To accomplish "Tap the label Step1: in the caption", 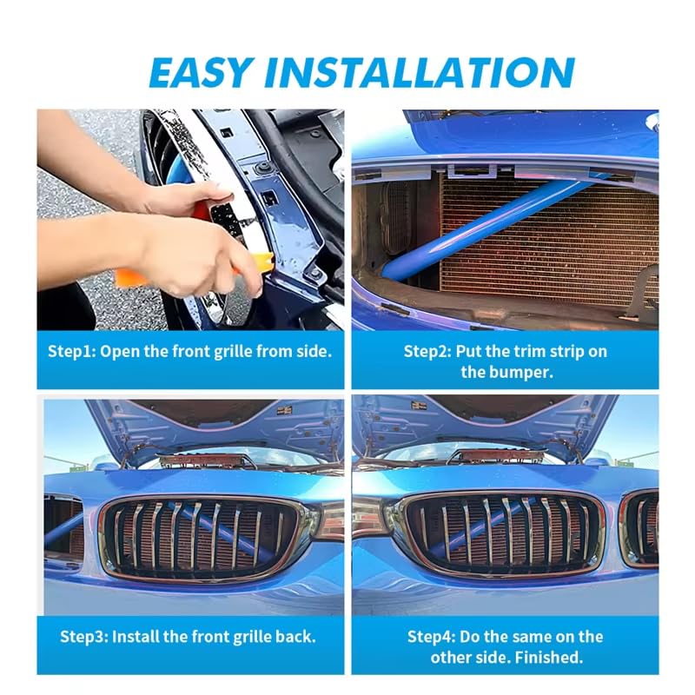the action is point(72,352).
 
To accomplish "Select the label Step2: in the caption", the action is point(427,352).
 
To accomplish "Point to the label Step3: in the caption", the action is point(84,637).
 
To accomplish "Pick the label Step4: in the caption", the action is point(431,637).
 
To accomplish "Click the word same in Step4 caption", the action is point(527,637).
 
